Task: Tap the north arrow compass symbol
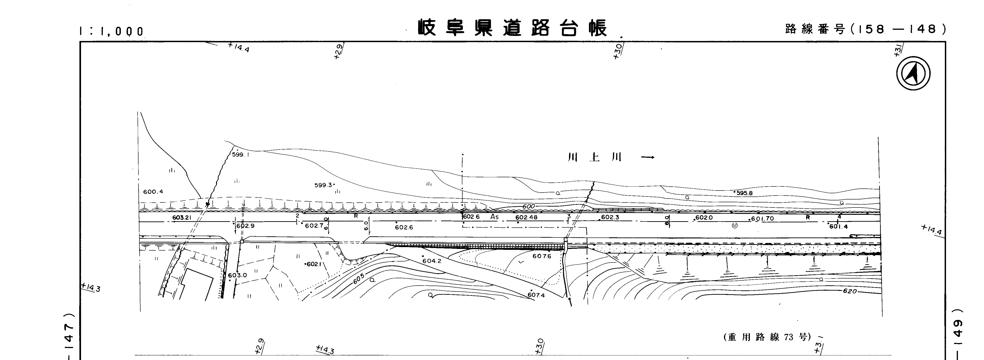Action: click(x=913, y=73)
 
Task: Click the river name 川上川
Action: click(x=595, y=157)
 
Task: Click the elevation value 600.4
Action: click(x=153, y=191)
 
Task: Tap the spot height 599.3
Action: click(x=323, y=185)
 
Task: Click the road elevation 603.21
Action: click(x=182, y=218)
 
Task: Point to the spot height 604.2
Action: click(x=432, y=261)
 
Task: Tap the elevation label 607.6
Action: click(x=542, y=256)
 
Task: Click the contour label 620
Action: click(x=850, y=291)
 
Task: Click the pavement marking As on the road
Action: click(x=495, y=217)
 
